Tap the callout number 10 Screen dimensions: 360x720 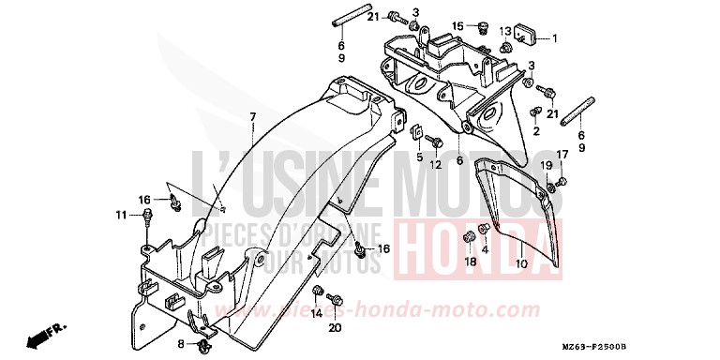[521, 265]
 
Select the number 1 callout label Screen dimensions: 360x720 [555, 38]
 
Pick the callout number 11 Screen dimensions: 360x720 [121, 216]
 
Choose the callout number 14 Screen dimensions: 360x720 [316, 313]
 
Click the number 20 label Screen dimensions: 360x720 [335, 327]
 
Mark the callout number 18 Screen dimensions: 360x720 [469, 263]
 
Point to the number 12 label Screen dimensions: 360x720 [436, 166]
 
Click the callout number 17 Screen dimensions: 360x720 [562, 155]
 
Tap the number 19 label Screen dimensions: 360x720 [545, 165]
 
